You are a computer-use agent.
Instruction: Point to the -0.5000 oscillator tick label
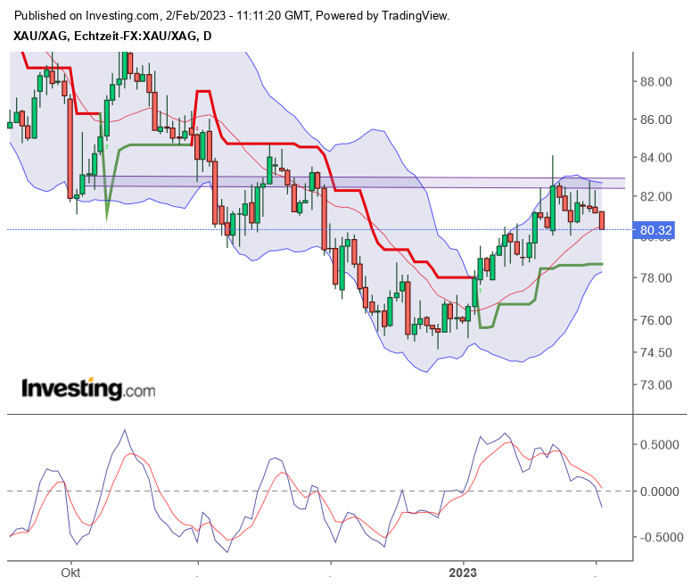pyautogui.click(x=656, y=538)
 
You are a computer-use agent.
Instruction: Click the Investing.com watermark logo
pyautogui.click(x=87, y=390)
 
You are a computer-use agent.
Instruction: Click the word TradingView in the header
pyautogui.click(x=412, y=16)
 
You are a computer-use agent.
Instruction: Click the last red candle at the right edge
pyautogui.click(x=602, y=220)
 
